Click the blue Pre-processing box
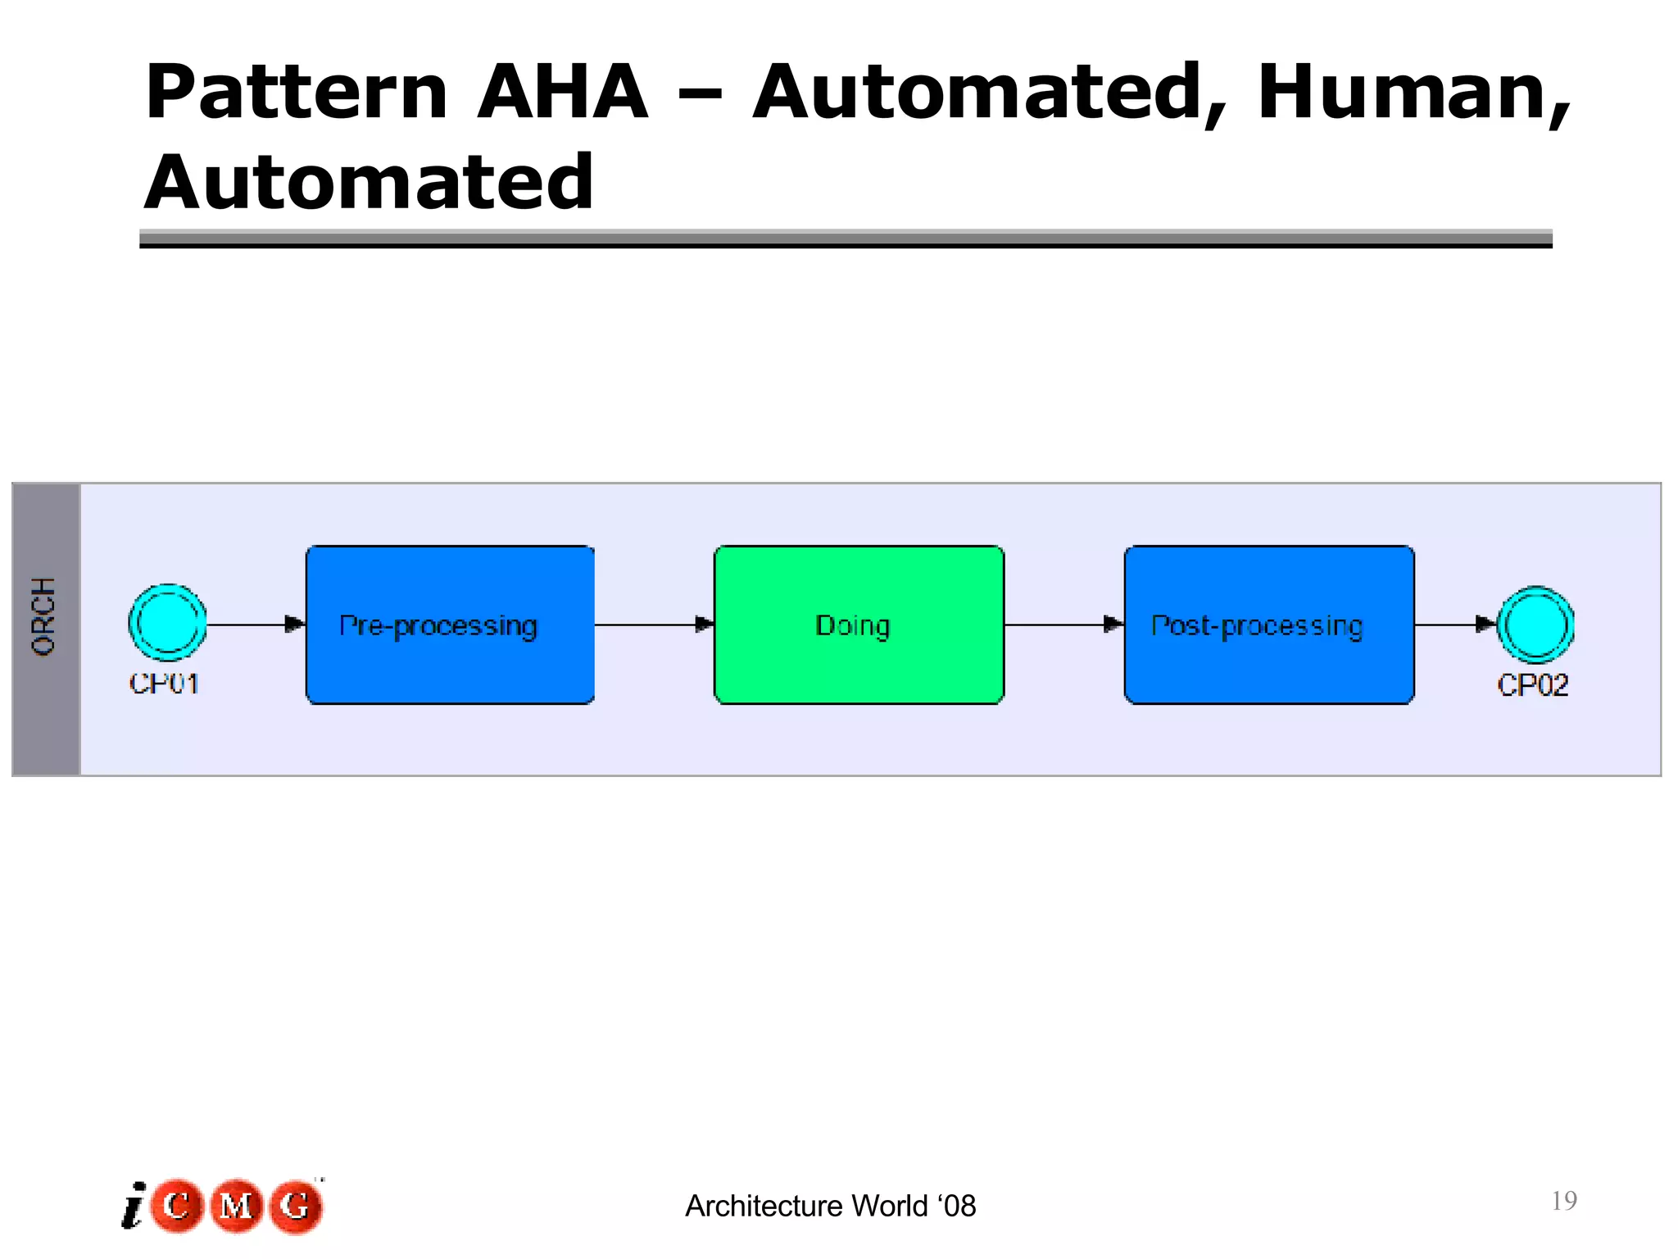click(450, 625)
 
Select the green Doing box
click(859, 625)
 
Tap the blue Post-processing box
click(1268, 625)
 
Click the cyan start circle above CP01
click(167, 623)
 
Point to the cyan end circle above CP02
click(1535, 625)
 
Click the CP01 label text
click(164, 683)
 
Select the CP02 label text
click(1532, 684)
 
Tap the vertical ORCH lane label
click(44, 616)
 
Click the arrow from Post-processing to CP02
click(1455, 625)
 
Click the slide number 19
click(1563, 1201)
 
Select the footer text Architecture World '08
click(830, 1206)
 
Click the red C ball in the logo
click(176, 1205)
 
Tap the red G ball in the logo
click(296, 1205)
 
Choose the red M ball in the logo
click(236, 1205)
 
